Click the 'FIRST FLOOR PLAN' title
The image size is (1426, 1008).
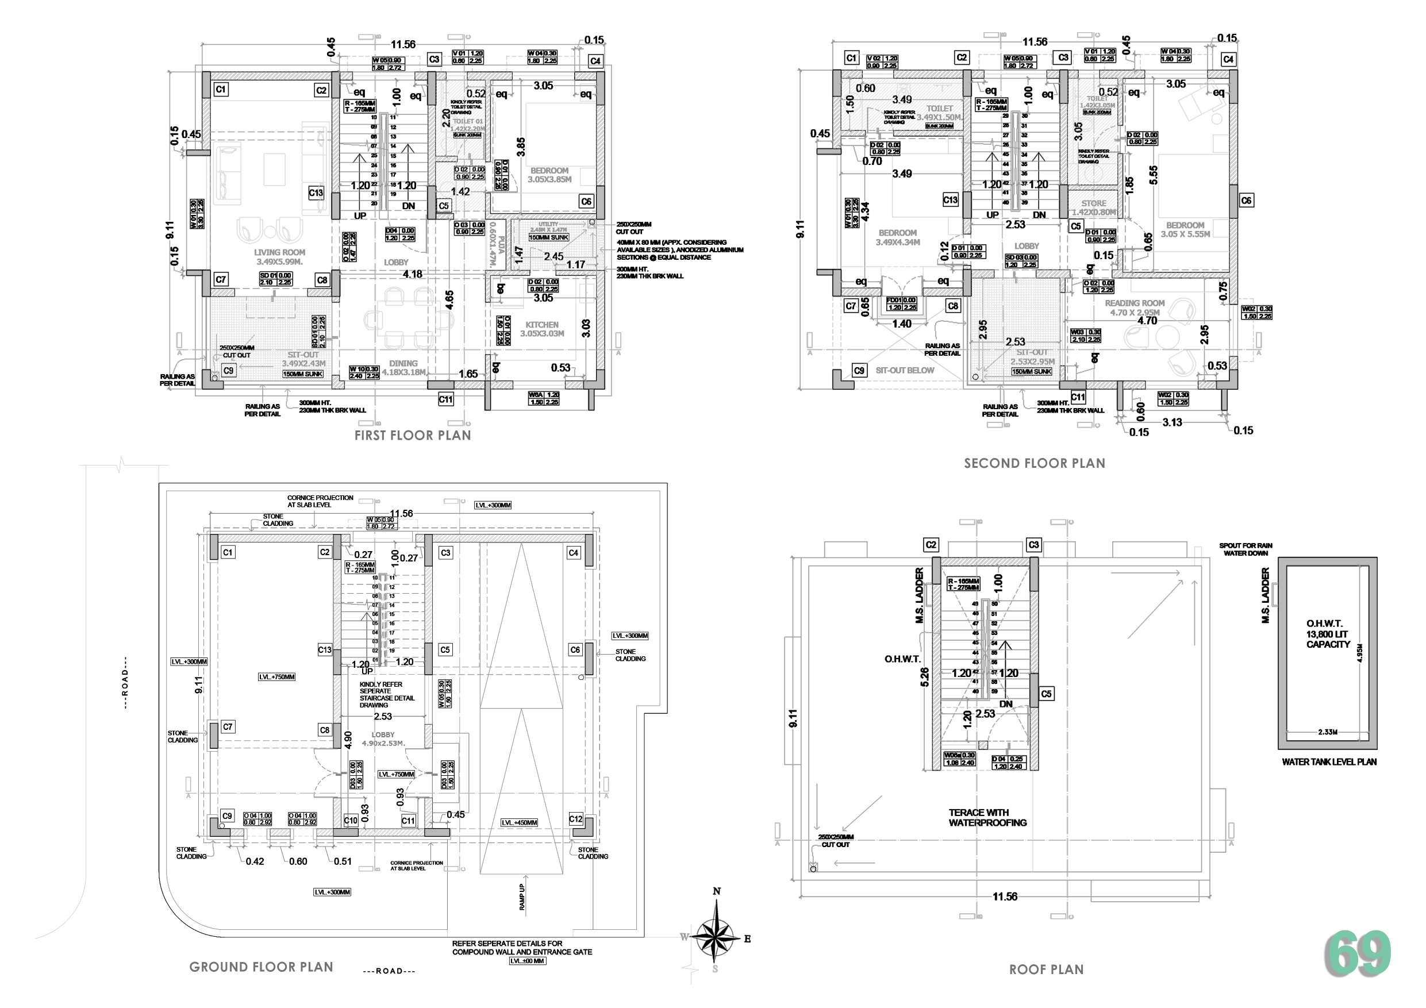click(413, 436)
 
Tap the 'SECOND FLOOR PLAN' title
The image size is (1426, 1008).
click(1034, 463)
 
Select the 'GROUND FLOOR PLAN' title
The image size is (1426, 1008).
click(261, 967)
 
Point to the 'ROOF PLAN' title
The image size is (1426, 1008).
click(1046, 969)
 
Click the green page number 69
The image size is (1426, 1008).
click(1358, 955)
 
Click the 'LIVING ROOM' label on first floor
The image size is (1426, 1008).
click(279, 253)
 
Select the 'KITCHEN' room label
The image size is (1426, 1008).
click(541, 325)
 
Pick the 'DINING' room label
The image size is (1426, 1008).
click(403, 363)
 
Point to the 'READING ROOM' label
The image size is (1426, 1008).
click(1135, 303)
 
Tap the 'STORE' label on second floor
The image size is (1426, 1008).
click(1094, 203)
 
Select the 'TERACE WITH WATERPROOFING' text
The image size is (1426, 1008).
click(987, 817)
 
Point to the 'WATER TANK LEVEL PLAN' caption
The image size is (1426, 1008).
click(1329, 762)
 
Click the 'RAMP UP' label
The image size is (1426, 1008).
click(522, 897)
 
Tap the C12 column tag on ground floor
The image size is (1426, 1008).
click(575, 819)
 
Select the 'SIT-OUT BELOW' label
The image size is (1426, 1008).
click(904, 370)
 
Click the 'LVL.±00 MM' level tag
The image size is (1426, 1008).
click(526, 961)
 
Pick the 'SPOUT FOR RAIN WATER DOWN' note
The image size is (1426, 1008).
click(1246, 549)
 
